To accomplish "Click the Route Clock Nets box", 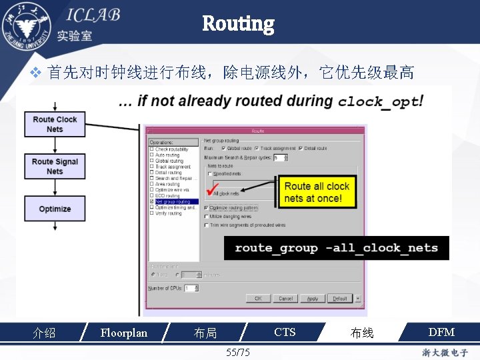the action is point(55,124).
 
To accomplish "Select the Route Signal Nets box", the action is point(55,166).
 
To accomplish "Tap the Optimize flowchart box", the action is point(55,209).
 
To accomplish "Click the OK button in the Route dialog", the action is point(258,299).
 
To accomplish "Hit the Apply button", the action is point(312,299).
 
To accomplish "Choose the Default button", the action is point(339,299).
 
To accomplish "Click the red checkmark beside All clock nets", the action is point(215,189).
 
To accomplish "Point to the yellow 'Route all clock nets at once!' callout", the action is point(317,192).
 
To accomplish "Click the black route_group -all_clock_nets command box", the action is point(336,248).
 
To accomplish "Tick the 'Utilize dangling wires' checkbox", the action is point(207,217).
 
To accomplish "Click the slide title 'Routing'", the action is point(238,25).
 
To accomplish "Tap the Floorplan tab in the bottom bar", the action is point(123,332).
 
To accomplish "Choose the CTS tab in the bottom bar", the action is point(285,332).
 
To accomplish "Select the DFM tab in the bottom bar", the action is point(441,332).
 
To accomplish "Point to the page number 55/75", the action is point(238,352).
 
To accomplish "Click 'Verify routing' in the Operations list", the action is point(168,213).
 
